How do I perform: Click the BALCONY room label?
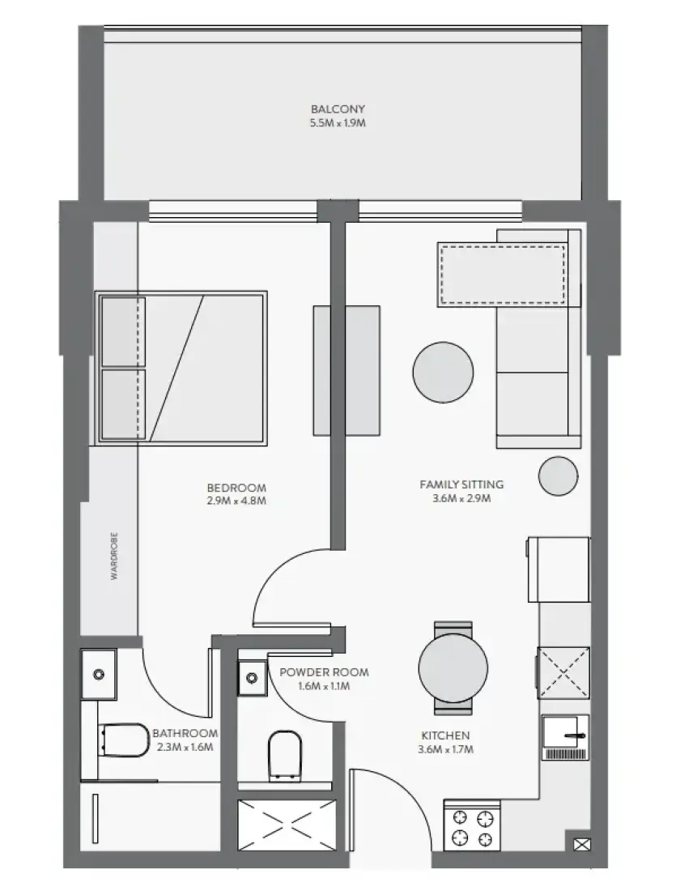(x=338, y=109)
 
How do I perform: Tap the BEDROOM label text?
(x=236, y=488)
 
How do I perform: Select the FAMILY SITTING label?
(x=461, y=484)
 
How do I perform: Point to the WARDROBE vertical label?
(x=115, y=556)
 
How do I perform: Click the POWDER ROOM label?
(x=324, y=672)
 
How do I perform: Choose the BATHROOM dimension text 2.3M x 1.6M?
(x=185, y=747)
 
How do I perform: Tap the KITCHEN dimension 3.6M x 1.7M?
(x=445, y=749)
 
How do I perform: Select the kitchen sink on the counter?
(x=565, y=737)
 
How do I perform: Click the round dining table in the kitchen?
(x=453, y=667)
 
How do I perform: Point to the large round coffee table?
(x=443, y=373)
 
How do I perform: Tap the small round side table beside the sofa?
(x=558, y=475)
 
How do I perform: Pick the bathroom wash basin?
(x=99, y=675)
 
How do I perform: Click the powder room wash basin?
(x=253, y=677)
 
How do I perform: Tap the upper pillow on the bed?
(x=123, y=332)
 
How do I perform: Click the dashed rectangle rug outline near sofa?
(x=503, y=275)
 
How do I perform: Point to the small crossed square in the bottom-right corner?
(x=582, y=845)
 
